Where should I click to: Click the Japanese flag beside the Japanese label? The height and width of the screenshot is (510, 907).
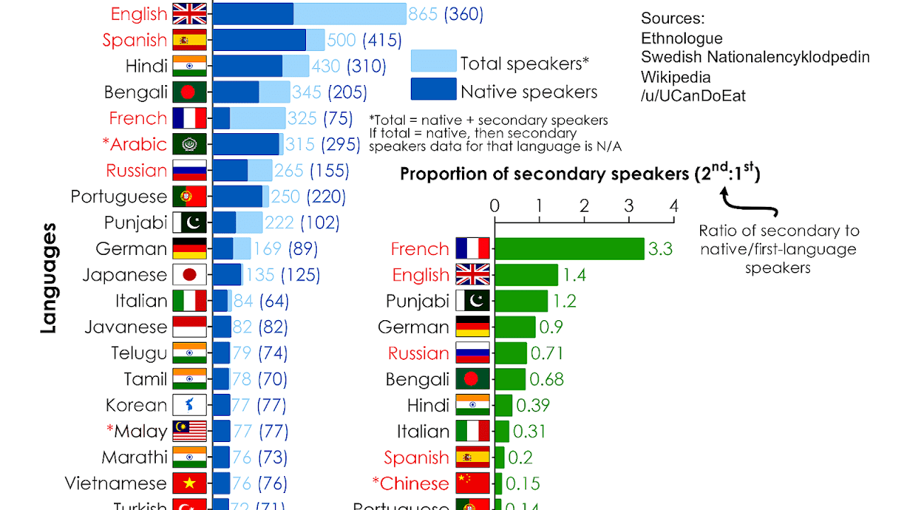pyautogui.click(x=189, y=275)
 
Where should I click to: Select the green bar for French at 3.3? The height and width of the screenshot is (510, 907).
pyautogui.click(x=569, y=249)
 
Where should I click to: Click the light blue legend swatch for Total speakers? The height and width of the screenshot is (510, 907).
pyautogui.click(x=433, y=62)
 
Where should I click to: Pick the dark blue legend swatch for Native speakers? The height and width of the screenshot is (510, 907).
pyautogui.click(x=433, y=90)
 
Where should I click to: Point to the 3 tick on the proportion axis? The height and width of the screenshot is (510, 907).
pyautogui.click(x=629, y=206)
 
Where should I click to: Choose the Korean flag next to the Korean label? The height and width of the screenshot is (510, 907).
pyautogui.click(x=189, y=405)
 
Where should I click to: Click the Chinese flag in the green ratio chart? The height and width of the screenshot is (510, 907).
pyautogui.click(x=473, y=483)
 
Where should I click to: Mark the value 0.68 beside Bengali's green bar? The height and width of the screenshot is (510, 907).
pyautogui.click(x=546, y=379)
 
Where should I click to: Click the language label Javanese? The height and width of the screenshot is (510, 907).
pyautogui.click(x=125, y=327)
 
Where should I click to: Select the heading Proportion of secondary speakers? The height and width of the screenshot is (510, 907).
pyautogui.click(x=546, y=174)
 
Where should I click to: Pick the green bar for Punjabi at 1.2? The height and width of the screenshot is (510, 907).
pyautogui.click(x=522, y=301)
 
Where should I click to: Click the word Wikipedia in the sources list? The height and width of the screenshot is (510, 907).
pyautogui.click(x=675, y=76)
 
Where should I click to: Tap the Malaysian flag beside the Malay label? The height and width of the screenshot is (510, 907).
pyautogui.click(x=189, y=431)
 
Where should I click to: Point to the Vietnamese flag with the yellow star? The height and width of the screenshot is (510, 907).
pyautogui.click(x=189, y=483)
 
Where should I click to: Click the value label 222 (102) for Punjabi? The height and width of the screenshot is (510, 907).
pyautogui.click(x=302, y=222)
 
